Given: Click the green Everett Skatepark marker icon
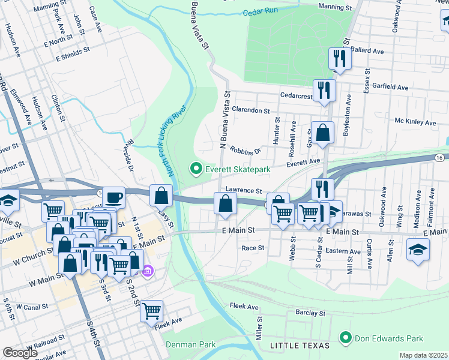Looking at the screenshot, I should pyautogui.click(x=195, y=170).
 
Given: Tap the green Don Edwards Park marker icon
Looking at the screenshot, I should pyautogui.click(x=345, y=338).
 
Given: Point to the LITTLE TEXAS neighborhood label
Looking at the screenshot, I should pyautogui.click(x=300, y=346).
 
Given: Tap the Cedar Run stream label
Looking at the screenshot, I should pyautogui.click(x=261, y=12).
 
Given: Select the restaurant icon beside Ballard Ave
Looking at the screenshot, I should pyautogui.click(x=340, y=59).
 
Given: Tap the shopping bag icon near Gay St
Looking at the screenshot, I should pyautogui.click(x=322, y=133).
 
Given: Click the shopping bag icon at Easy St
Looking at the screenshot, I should pyautogui.click(x=161, y=195).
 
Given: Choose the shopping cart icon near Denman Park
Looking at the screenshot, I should pyautogui.click(x=152, y=311).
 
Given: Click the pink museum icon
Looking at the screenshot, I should pyautogui.click(x=148, y=272).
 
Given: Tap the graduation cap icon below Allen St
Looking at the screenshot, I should pyautogui.click(x=418, y=249).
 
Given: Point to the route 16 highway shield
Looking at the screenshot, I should pyautogui.click(x=440, y=157).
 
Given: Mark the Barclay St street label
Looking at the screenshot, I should pyautogui.click(x=310, y=313).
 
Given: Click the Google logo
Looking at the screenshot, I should pyautogui.click(x=20, y=353).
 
